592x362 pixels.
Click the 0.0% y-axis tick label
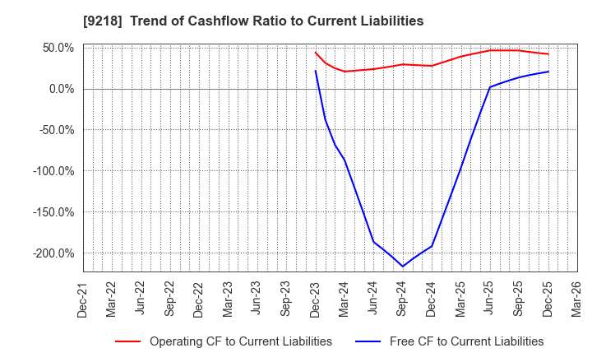pyautogui.click(x=59, y=89)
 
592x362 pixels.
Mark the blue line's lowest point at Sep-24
pyautogui.click(x=403, y=266)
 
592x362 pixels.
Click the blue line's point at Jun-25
pyautogui.click(x=490, y=87)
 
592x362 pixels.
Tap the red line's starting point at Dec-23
pyautogui.click(x=316, y=52)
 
